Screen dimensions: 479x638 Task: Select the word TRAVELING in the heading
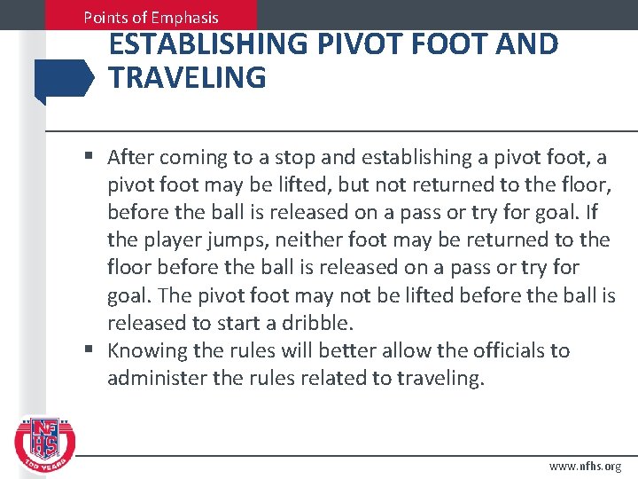coord(187,78)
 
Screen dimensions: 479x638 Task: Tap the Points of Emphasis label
coord(151,17)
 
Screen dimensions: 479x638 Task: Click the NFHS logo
coord(45,440)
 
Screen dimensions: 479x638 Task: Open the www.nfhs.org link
coord(586,465)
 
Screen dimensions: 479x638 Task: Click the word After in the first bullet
coord(131,158)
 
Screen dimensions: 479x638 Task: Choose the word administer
coord(152,379)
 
